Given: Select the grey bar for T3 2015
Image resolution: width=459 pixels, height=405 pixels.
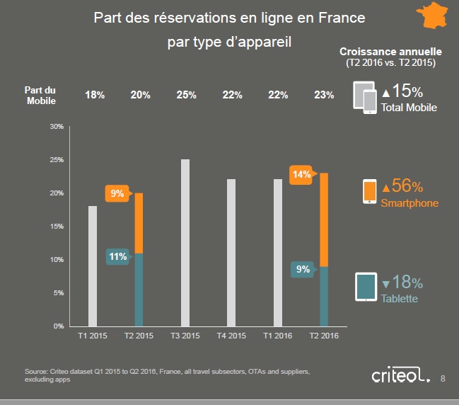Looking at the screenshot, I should click(x=185, y=242).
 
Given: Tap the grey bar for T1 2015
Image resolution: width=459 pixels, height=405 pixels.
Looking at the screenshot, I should click(x=93, y=266).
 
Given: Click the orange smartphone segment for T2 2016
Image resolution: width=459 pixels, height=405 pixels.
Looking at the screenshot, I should click(x=324, y=219).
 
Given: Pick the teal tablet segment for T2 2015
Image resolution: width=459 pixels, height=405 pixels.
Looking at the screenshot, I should click(x=139, y=289).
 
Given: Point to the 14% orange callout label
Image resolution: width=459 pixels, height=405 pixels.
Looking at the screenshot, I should click(x=301, y=173).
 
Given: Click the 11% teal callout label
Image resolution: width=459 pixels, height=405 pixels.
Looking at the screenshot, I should click(x=117, y=257).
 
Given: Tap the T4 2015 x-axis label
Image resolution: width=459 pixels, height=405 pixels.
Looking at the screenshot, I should click(x=231, y=336).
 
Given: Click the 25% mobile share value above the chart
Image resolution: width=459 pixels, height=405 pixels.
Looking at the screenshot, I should click(x=186, y=96).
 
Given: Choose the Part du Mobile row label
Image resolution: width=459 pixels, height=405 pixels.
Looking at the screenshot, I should click(x=40, y=96).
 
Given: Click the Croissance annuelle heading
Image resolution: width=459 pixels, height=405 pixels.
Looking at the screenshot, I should click(x=390, y=52).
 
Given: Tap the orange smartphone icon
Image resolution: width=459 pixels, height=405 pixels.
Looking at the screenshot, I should click(x=369, y=191).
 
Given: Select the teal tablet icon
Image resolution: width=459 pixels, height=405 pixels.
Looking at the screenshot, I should click(x=366, y=287).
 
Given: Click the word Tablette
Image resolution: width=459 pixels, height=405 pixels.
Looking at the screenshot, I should click(x=399, y=299).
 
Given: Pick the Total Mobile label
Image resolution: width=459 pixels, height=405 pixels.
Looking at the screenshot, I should click(x=409, y=108).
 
